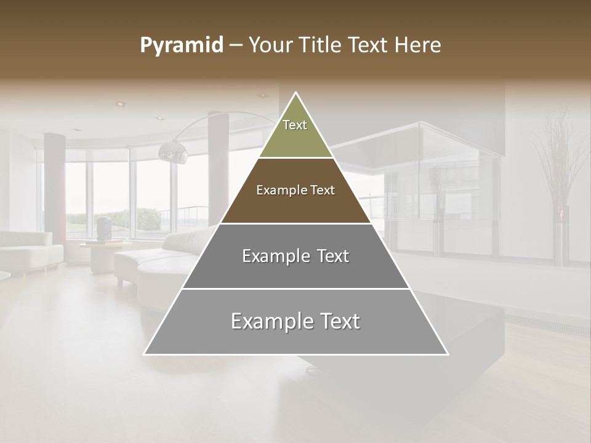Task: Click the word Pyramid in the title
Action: point(181,46)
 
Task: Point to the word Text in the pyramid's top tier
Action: point(295,125)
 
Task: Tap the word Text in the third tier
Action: point(331,256)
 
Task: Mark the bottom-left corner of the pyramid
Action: point(145,354)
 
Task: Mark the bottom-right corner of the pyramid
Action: point(448,354)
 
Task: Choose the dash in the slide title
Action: point(236,46)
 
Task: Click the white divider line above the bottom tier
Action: point(295,289)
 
